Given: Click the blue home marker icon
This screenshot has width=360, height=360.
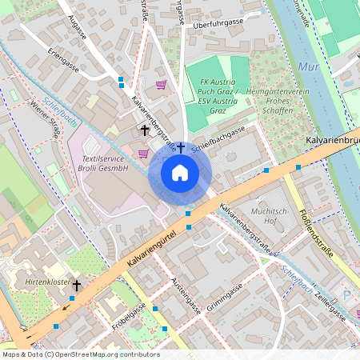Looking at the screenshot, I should [179, 172].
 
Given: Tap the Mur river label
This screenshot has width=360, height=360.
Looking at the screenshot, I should [308, 67].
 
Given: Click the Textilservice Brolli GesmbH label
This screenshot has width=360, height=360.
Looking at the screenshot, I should [105, 165].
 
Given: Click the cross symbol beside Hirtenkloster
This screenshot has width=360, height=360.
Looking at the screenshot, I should [77, 285].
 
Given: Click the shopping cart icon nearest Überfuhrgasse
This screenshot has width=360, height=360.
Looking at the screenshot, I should [161, 84].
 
